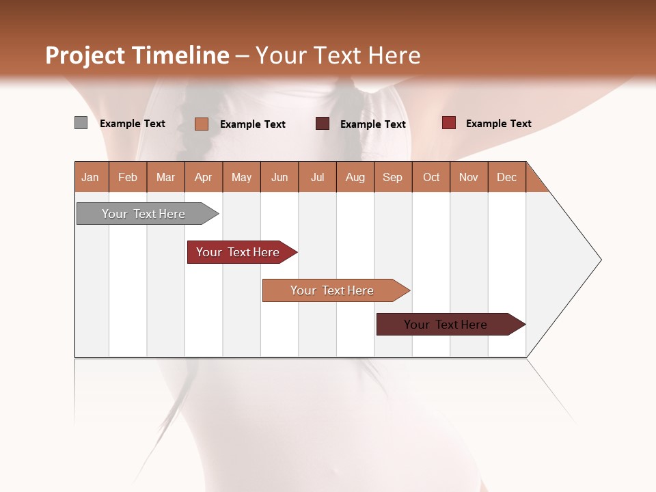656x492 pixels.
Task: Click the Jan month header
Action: click(x=91, y=177)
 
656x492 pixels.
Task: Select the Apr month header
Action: click(x=204, y=177)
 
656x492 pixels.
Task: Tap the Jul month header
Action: click(x=317, y=177)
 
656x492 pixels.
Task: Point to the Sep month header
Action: click(x=393, y=177)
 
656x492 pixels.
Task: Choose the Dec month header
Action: click(x=506, y=177)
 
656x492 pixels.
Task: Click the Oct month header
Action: click(x=431, y=177)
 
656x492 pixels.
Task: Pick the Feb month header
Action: click(x=128, y=177)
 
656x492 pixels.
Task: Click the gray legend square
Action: click(x=81, y=123)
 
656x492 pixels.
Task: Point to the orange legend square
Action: click(x=201, y=124)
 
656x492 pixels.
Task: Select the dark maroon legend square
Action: click(x=323, y=124)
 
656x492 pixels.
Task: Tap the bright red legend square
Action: click(x=448, y=123)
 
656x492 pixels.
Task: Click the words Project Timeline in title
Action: click(x=137, y=55)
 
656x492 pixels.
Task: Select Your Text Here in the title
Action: click(x=338, y=55)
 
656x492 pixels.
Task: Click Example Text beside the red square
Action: click(x=498, y=124)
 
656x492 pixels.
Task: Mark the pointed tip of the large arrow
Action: click(x=600, y=260)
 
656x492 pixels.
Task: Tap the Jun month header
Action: click(x=279, y=177)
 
